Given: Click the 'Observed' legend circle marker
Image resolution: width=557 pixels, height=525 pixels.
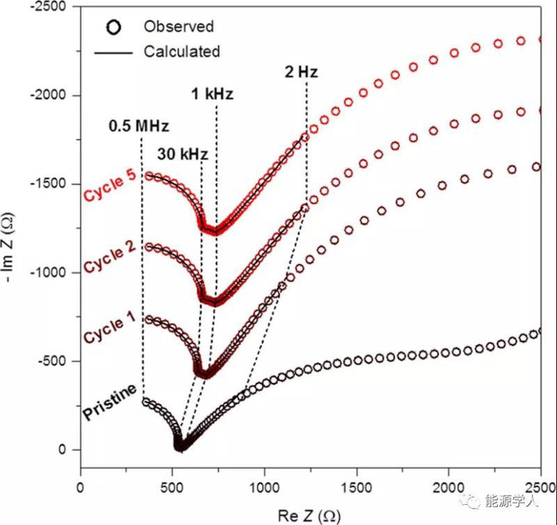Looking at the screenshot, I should point(114,27).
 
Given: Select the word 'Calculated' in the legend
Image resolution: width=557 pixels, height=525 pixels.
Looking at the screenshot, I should point(182,51).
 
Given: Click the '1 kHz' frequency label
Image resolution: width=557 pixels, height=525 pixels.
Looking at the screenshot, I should point(212,95).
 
